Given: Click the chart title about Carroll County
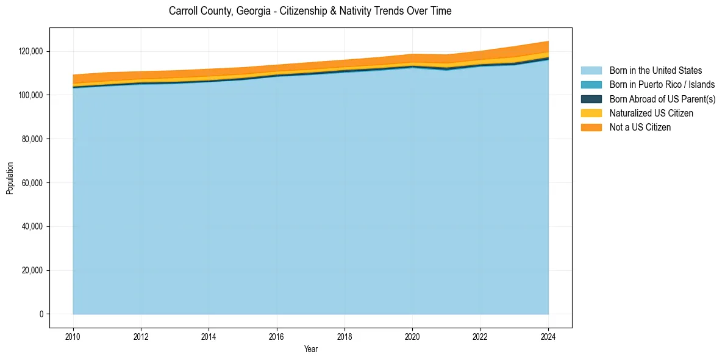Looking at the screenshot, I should (310, 11).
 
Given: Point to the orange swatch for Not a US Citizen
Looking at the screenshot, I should (591, 127).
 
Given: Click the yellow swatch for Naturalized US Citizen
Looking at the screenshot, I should (591, 113).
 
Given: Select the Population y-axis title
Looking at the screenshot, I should (10, 178).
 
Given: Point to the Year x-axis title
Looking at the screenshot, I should (310, 350).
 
